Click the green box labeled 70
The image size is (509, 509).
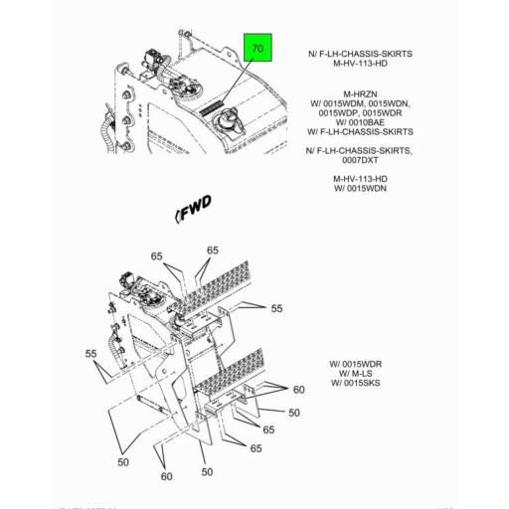(x=257, y=49)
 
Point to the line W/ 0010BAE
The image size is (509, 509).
(x=359, y=122)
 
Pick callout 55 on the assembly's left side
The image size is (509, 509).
(x=90, y=354)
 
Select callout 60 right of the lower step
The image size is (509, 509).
(x=298, y=389)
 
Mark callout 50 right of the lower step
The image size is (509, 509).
(x=293, y=412)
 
